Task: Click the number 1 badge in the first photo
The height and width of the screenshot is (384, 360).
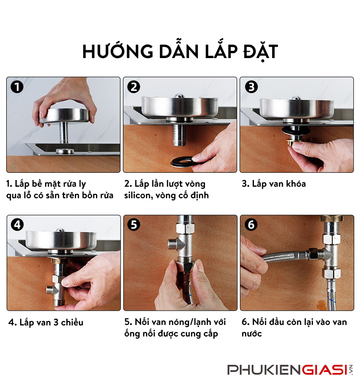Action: [17, 87]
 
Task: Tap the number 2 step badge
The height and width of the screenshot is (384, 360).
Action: [134, 87]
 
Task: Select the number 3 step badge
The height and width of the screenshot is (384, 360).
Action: [251, 87]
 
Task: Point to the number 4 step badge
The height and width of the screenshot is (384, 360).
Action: [17, 225]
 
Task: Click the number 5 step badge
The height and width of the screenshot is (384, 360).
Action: [134, 225]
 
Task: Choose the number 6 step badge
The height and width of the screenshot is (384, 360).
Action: [251, 225]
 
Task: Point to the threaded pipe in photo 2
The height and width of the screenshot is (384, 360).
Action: [180, 135]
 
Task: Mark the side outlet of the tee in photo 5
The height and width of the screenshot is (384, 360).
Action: [172, 244]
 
